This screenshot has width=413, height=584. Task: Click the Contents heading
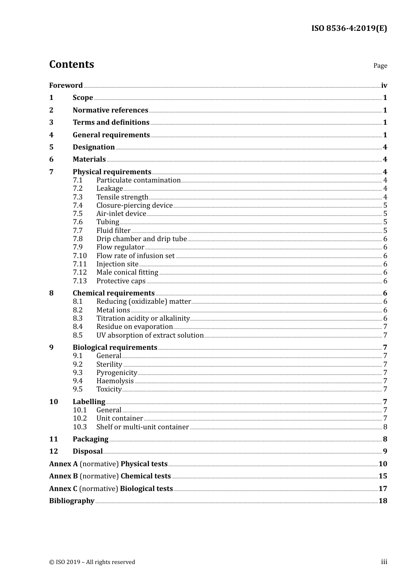tap(71, 64)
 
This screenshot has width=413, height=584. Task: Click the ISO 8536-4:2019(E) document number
tap(349, 29)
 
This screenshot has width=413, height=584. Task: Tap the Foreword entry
tap(66, 86)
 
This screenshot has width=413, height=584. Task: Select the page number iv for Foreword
tap(384, 86)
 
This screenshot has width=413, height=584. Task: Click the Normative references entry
tap(110, 110)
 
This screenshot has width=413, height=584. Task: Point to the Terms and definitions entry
tap(111, 123)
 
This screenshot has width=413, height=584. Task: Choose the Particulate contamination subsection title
tap(138, 180)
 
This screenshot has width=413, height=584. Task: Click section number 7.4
tap(77, 206)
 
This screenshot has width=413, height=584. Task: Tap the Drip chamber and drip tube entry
tap(141, 239)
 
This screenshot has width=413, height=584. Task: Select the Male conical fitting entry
tap(127, 272)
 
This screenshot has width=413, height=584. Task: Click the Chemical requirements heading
tap(113, 293)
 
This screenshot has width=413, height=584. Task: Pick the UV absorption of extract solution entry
tap(150, 335)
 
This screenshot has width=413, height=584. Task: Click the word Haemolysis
tap(115, 381)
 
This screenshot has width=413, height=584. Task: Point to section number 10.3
tap(80, 427)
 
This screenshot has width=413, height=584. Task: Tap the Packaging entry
tap(90, 439)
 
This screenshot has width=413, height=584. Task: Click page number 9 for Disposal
tap(385, 451)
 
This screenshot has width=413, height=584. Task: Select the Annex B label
tap(63, 476)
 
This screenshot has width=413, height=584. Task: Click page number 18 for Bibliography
tap(383, 501)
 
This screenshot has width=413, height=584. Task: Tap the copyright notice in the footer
tap(92, 562)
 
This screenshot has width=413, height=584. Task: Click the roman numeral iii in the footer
tap(384, 562)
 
